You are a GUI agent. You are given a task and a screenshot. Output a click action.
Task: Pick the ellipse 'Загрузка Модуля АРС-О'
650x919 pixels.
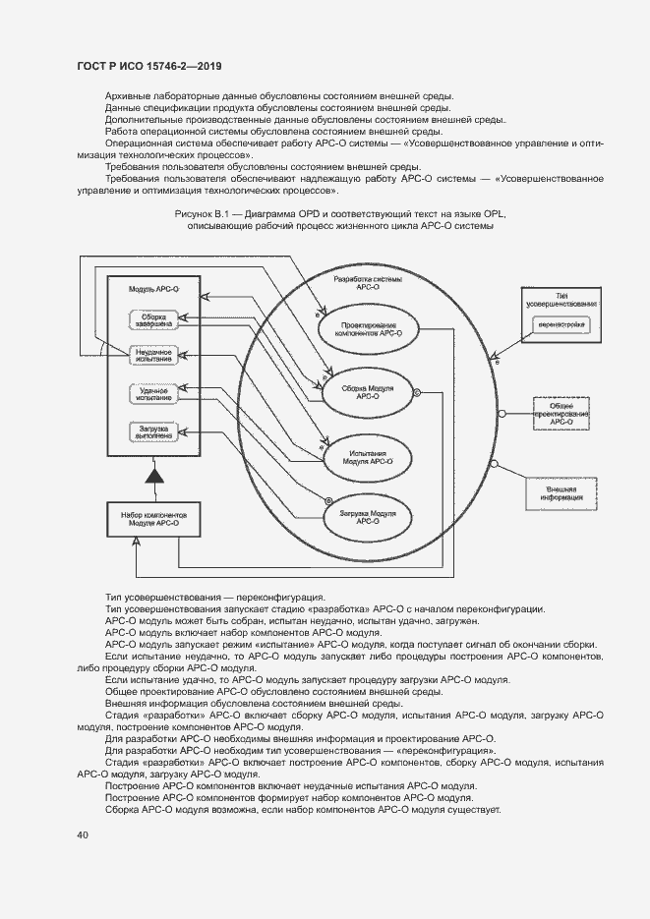tap(369, 517)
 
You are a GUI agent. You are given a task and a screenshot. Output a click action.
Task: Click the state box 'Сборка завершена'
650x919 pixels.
tap(152, 318)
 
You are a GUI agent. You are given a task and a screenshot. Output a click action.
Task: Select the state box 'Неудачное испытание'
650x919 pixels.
tap(152, 355)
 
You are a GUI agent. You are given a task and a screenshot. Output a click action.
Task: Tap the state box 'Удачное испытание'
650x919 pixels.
tap(152, 393)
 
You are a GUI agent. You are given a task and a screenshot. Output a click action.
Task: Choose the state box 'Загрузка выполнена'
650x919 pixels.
tap(152, 432)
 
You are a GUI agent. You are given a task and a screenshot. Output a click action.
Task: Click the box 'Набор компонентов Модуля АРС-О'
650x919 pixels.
tap(153, 518)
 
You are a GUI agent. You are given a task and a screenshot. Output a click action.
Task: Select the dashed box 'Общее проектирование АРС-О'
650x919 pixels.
tap(561, 415)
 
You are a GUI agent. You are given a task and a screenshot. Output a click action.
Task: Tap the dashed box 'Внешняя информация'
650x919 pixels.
tap(561, 492)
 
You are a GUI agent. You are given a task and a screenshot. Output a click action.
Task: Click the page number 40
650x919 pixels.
tap(82, 835)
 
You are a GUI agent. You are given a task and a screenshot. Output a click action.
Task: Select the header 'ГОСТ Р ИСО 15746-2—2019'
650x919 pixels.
tap(148, 67)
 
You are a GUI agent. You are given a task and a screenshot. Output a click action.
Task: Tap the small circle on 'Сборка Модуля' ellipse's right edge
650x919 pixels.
tap(417, 392)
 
